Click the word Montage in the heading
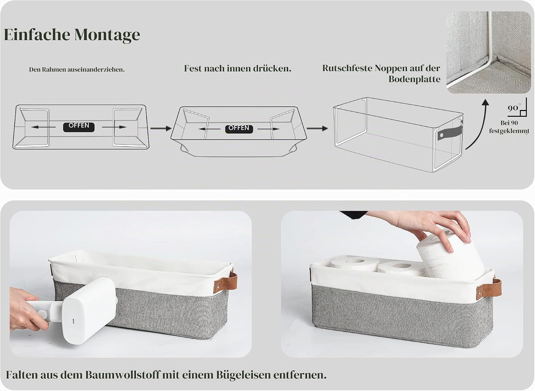(x=107, y=35)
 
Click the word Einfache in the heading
(x=37, y=34)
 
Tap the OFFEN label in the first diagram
(x=78, y=127)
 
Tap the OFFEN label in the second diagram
(x=239, y=129)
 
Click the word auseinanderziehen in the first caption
(x=96, y=70)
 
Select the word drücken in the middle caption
(x=272, y=69)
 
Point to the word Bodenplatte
(x=414, y=79)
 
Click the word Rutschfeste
(x=347, y=68)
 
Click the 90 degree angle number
(x=513, y=108)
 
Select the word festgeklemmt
(x=509, y=131)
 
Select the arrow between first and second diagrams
(x=161, y=129)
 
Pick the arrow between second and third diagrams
(x=317, y=129)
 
